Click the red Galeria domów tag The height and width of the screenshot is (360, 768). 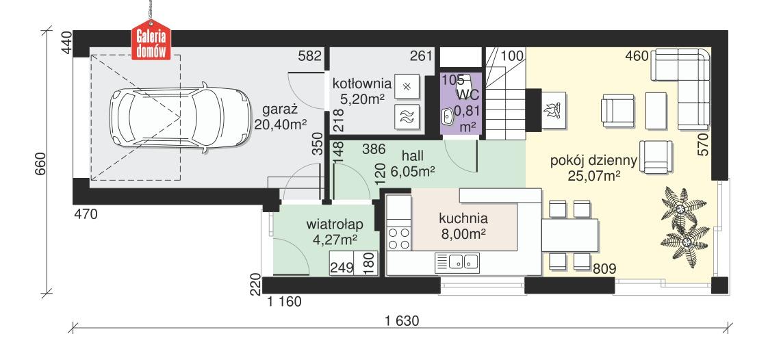(x=152, y=45)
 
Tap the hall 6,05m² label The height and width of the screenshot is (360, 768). (x=414, y=165)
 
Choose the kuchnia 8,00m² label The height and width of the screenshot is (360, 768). (x=463, y=227)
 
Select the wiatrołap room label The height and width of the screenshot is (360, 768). (x=335, y=231)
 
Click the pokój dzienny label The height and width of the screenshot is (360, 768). (x=593, y=168)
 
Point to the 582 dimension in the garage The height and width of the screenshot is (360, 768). (x=310, y=57)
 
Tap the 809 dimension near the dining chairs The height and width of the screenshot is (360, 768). (x=605, y=269)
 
